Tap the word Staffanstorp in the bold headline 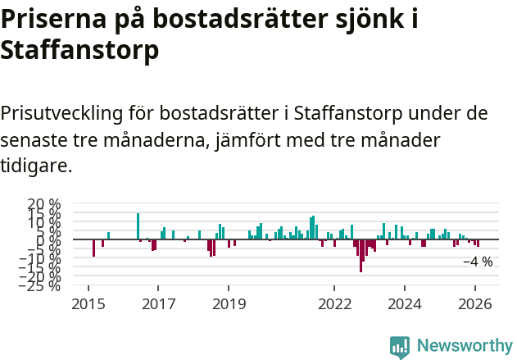[79, 51]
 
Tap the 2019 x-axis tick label [229, 304]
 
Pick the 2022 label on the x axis [334, 304]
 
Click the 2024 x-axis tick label [405, 304]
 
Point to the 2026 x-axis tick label [475, 304]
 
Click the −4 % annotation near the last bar [478, 262]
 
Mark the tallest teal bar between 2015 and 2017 [138, 226]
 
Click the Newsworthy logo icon [400, 346]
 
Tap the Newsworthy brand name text [464, 346]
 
